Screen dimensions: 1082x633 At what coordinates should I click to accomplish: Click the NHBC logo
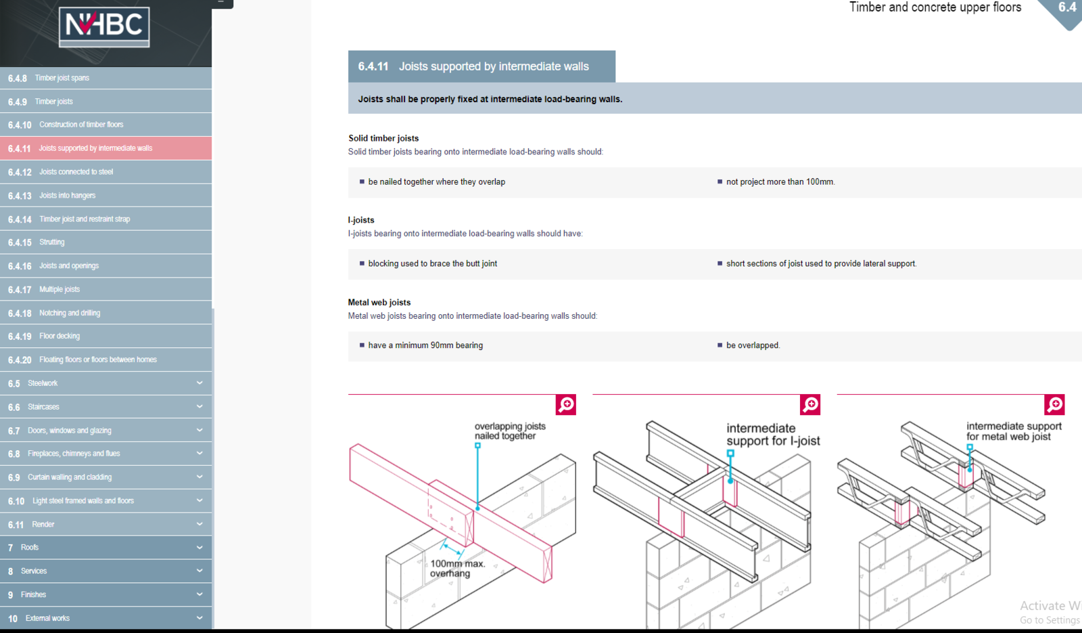(104, 27)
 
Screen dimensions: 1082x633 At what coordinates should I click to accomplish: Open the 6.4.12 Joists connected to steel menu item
(105, 172)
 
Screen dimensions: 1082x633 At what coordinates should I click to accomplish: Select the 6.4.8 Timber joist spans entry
(105, 78)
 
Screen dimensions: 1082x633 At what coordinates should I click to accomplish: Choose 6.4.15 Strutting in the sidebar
(105, 242)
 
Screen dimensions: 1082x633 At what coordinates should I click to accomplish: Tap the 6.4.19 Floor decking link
(105, 336)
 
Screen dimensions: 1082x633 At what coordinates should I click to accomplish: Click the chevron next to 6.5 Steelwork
(199, 383)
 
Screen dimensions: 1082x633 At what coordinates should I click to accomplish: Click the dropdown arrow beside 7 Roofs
(199, 548)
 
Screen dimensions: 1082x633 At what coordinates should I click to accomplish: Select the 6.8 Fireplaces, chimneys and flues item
(105, 454)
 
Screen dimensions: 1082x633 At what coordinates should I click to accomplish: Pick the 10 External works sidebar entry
(105, 618)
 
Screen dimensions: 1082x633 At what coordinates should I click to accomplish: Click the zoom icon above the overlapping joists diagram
(565, 405)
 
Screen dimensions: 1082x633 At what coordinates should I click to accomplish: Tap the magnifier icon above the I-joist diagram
(810, 405)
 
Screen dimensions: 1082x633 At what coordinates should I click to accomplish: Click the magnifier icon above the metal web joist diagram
(1054, 405)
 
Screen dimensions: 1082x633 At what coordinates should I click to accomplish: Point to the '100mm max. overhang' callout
(457, 569)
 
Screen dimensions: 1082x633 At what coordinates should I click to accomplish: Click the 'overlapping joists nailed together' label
(510, 431)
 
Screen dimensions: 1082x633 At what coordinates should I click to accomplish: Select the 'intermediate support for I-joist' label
(774, 434)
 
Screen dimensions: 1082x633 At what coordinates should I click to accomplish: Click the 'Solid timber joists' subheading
(383, 138)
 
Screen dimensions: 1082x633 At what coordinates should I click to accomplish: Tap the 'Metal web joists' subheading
(379, 302)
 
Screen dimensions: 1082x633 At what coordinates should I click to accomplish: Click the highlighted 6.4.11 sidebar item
(105, 148)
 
